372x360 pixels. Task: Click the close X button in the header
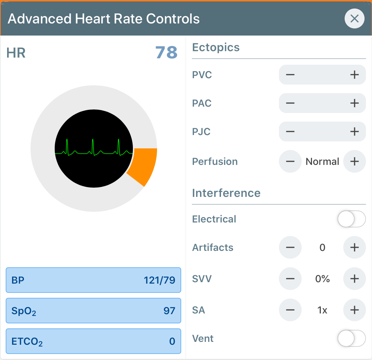pyautogui.click(x=354, y=18)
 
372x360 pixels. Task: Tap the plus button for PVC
pyautogui.click(x=354, y=75)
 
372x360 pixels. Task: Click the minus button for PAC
pyautogui.click(x=290, y=103)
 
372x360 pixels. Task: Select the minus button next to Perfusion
pyautogui.click(x=290, y=161)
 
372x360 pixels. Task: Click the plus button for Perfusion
pyautogui.click(x=354, y=161)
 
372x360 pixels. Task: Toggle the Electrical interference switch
pyautogui.click(x=351, y=219)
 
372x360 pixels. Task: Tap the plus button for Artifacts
pyautogui.click(x=354, y=247)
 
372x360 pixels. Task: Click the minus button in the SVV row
pyautogui.click(x=290, y=279)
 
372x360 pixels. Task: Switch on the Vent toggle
pyautogui.click(x=351, y=338)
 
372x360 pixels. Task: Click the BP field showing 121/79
pyautogui.click(x=93, y=280)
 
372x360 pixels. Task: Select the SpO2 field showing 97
pyautogui.click(x=93, y=311)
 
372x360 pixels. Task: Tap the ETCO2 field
pyautogui.click(x=93, y=341)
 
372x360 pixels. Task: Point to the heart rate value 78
pyautogui.click(x=166, y=53)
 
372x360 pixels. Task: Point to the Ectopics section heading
pyautogui.click(x=216, y=47)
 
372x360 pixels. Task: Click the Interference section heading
pyautogui.click(x=226, y=193)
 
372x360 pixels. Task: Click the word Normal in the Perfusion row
pyautogui.click(x=322, y=161)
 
